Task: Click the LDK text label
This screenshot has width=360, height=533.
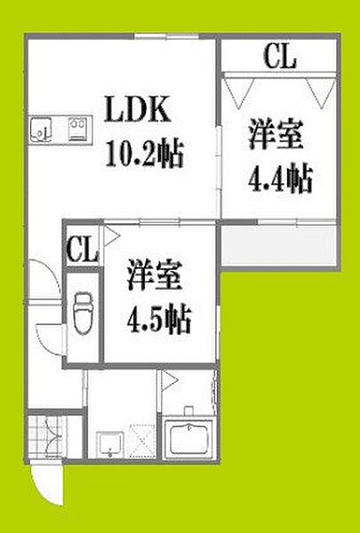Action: tap(138, 109)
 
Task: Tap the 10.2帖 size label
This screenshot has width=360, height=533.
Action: tap(145, 154)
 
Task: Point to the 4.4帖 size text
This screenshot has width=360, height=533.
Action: tap(280, 179)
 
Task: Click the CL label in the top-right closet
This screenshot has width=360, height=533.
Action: tap(280, 57)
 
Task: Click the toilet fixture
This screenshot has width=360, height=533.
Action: tap(83, 314)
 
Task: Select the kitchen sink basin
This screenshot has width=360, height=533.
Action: tap(41, 130)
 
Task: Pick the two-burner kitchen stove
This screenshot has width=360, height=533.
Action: tap(77, 129)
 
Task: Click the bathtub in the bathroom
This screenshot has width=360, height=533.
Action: tap(188, 440)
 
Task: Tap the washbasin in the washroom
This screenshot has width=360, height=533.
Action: tap(109, 445)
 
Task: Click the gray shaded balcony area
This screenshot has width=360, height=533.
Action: tap(279, 246)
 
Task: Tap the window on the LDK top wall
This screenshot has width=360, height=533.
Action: tap(166, 36)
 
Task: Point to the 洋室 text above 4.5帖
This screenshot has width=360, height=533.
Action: tap(155, 275)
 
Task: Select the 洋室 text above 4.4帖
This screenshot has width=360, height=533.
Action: tap(276, 134)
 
